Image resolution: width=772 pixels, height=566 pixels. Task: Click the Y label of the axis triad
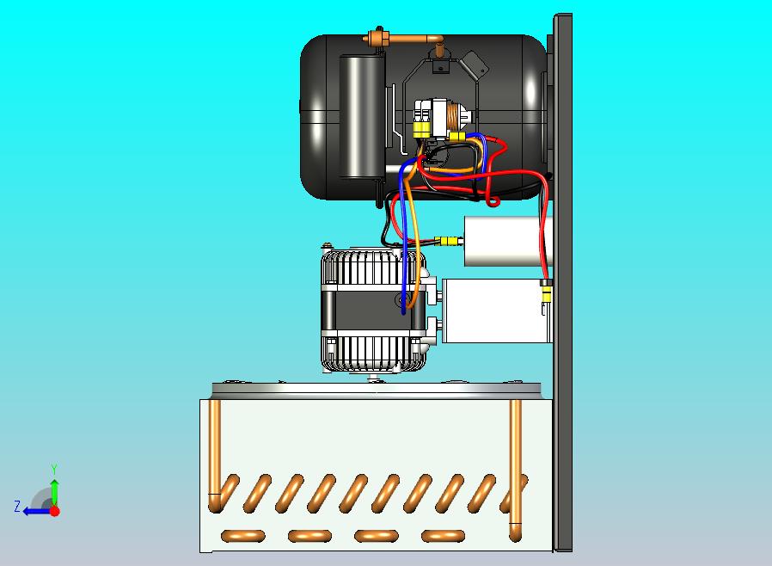coord(54,469)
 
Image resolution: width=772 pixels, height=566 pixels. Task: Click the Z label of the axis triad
coord(17,506)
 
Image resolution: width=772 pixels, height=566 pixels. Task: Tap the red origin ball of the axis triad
coord(55,511)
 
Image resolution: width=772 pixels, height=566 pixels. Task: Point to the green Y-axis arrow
coord(55,492)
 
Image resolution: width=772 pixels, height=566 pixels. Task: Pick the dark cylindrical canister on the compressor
coord(362,116)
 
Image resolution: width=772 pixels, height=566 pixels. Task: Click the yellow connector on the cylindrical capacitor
coord(449,242)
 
